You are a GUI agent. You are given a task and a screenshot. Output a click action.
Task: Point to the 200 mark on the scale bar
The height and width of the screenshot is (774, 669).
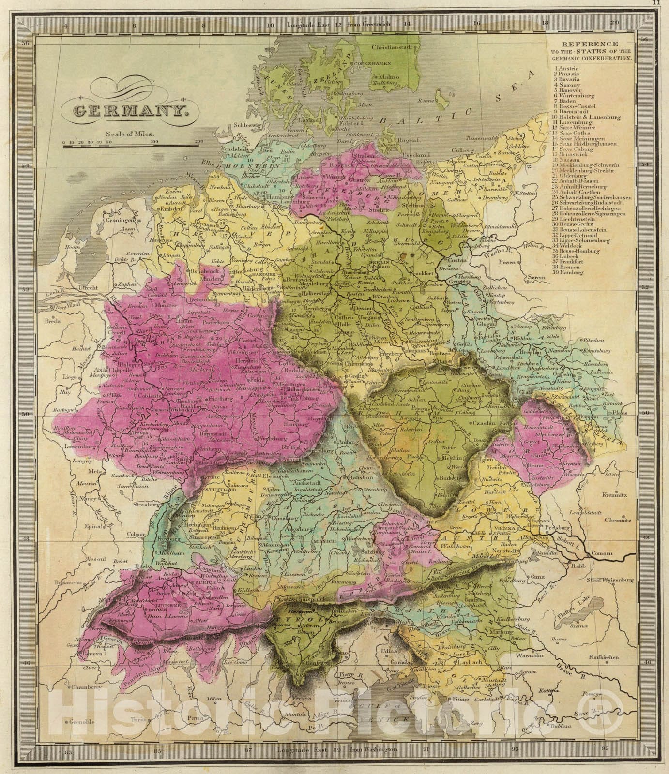pos(198,142)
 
